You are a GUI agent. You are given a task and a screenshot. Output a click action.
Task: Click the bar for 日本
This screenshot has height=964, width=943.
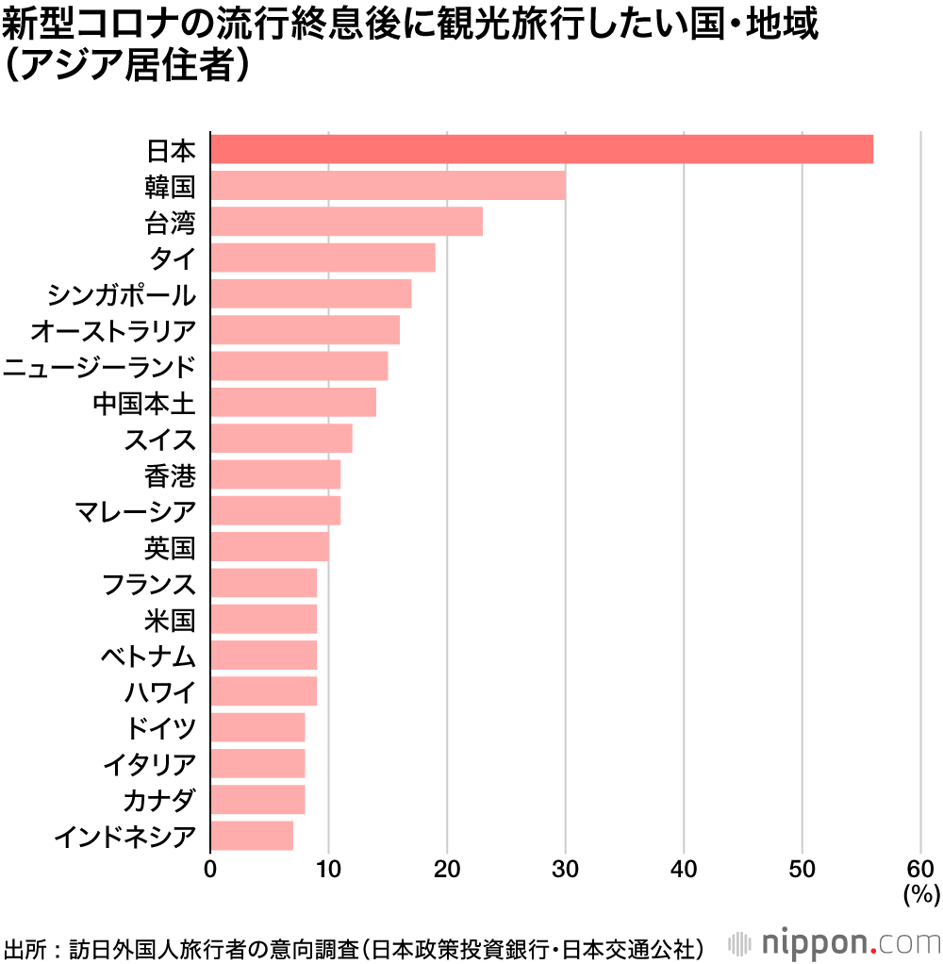(x=541, y=149)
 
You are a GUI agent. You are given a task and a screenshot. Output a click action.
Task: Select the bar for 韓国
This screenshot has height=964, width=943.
(x=388, y=186)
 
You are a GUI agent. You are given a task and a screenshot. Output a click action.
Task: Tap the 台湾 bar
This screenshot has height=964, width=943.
(x=346, y=222)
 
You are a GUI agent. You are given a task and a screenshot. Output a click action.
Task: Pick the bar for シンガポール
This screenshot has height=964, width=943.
(x=310, y=294)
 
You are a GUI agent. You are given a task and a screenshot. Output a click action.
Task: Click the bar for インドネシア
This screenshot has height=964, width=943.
(x=252, y=836)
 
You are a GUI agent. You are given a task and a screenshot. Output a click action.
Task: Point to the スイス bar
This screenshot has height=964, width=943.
(x=281, y=439)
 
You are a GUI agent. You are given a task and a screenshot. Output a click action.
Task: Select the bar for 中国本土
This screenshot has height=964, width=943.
(x=293, y=403)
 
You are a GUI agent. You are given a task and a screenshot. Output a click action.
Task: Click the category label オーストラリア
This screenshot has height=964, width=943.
(x=113, y=331)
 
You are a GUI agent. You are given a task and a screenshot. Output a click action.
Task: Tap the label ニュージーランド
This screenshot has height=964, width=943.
(x=99, y=367)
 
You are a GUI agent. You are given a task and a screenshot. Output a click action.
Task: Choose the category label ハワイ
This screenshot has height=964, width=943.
(x=159, y=692)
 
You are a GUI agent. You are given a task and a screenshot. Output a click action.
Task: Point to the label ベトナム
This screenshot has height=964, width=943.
(x=148, y=656)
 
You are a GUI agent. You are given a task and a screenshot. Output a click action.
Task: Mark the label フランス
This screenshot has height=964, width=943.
(x=148, y=584)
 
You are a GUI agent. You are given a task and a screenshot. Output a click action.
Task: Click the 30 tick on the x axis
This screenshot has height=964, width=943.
(x=566, y=869)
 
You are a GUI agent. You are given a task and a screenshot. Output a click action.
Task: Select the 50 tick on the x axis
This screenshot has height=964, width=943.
(x=802, y=869)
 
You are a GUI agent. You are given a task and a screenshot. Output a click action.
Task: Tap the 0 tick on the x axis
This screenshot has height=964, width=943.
(x=210, y=869)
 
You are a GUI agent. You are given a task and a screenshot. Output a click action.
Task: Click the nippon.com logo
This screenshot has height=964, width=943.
(x=835, y=942)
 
